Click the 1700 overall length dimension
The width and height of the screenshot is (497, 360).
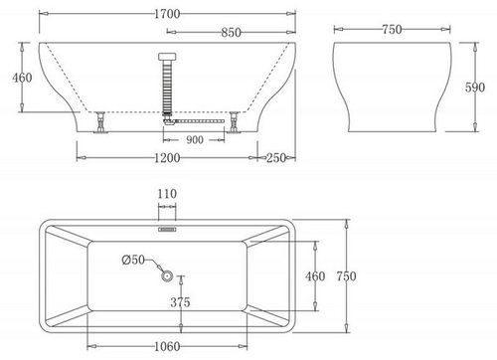tap(167, 14)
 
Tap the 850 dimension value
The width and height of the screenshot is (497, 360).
tap(231, 33)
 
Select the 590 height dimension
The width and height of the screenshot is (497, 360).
tap(475, 88)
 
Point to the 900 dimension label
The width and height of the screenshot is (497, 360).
tap(195, 140)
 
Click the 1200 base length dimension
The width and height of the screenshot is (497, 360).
tap(167, 158)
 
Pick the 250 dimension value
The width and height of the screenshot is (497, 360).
tap(276, 158)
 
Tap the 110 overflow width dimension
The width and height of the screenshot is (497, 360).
tap(167, 194)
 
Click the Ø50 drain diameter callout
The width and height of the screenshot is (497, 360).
tap(133, 260)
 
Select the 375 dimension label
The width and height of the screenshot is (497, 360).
tap(180, 302)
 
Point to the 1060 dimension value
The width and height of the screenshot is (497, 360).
tap(167, 347)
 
